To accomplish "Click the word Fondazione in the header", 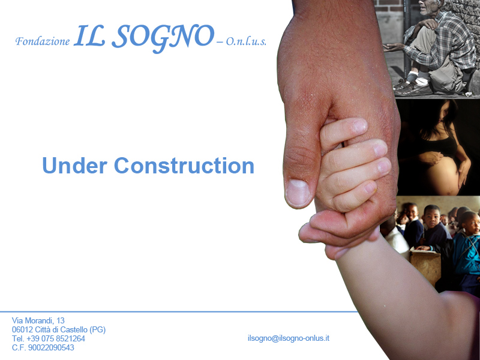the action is click(43, 41).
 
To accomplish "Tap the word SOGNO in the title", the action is click(163, 38).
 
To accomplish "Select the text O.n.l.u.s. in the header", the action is click(246, 41).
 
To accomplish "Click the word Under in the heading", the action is click(74, 166).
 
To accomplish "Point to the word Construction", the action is click(184, 166).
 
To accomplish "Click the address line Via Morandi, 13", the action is click(38, 320).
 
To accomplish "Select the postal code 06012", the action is click(22, 329).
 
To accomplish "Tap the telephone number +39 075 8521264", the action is click(56, 338).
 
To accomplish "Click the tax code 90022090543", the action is click(51, 348).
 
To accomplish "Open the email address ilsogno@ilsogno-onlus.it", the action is click(289, 338).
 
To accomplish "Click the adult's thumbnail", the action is click(297, 193).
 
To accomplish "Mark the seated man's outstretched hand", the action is click(394, 47).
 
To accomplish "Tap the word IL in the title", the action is click(89, 36).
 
